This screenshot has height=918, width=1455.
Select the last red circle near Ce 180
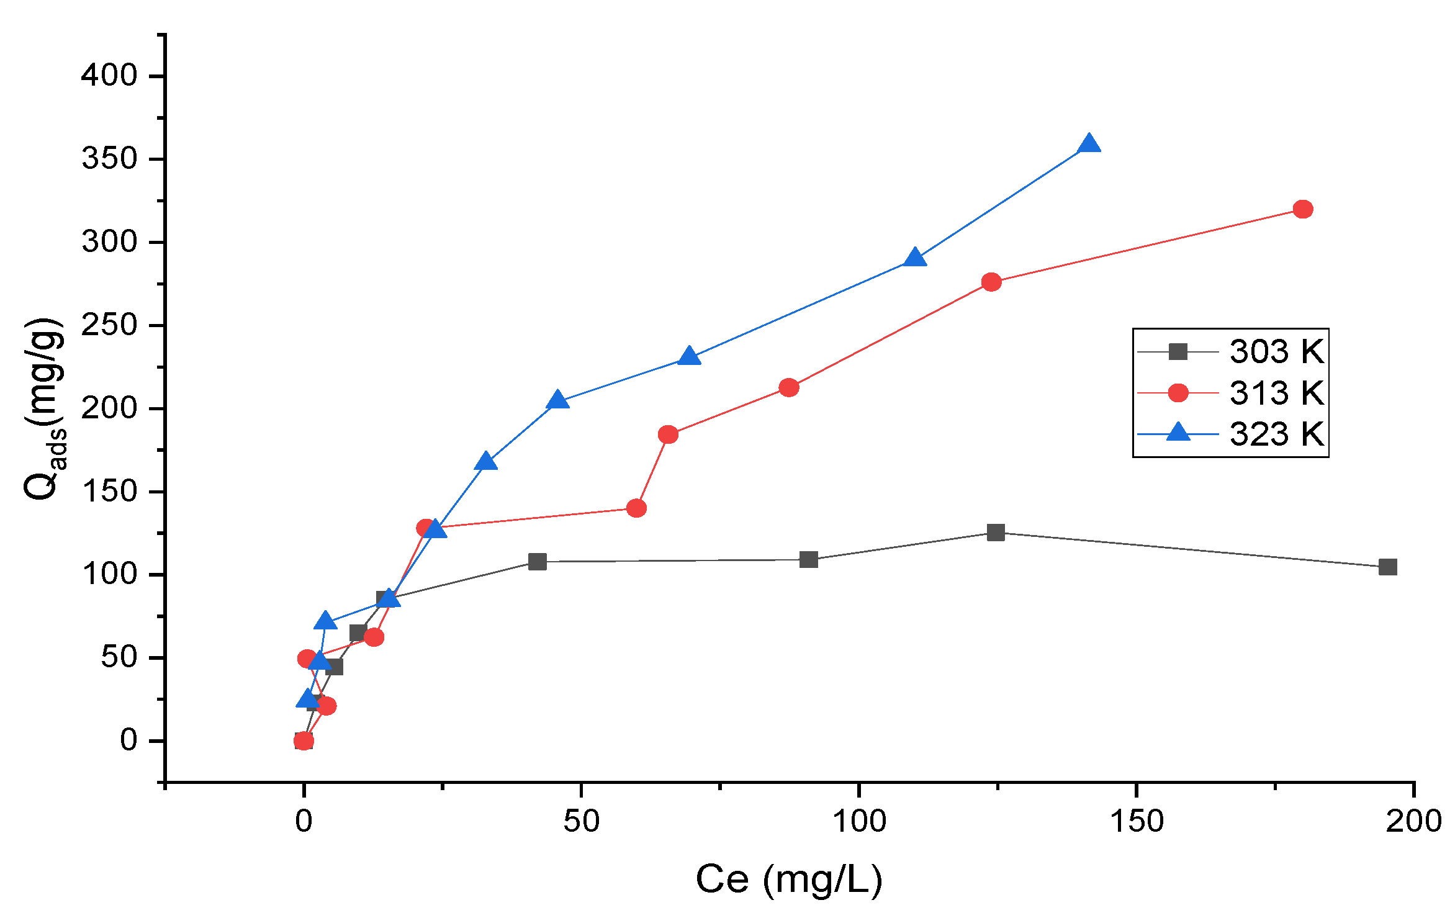coord(1303,209)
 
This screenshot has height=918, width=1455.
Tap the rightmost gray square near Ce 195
coord(1388,567)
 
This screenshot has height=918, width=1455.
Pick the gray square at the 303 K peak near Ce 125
coord(996,532)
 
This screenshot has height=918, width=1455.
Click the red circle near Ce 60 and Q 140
coord(636,508)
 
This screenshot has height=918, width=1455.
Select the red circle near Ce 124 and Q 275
coord(991,282)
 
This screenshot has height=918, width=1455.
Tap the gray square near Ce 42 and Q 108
coord(537,562)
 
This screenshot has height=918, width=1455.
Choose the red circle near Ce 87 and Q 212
coord(788,388)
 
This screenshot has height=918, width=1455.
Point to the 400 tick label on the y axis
coord(109,76)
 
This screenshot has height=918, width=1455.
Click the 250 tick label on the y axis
coord(109,325)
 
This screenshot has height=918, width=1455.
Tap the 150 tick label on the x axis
coord(1137,822)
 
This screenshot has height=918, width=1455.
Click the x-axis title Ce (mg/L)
coord(788,880)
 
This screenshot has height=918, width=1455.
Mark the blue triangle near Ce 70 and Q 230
coord(689,357)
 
